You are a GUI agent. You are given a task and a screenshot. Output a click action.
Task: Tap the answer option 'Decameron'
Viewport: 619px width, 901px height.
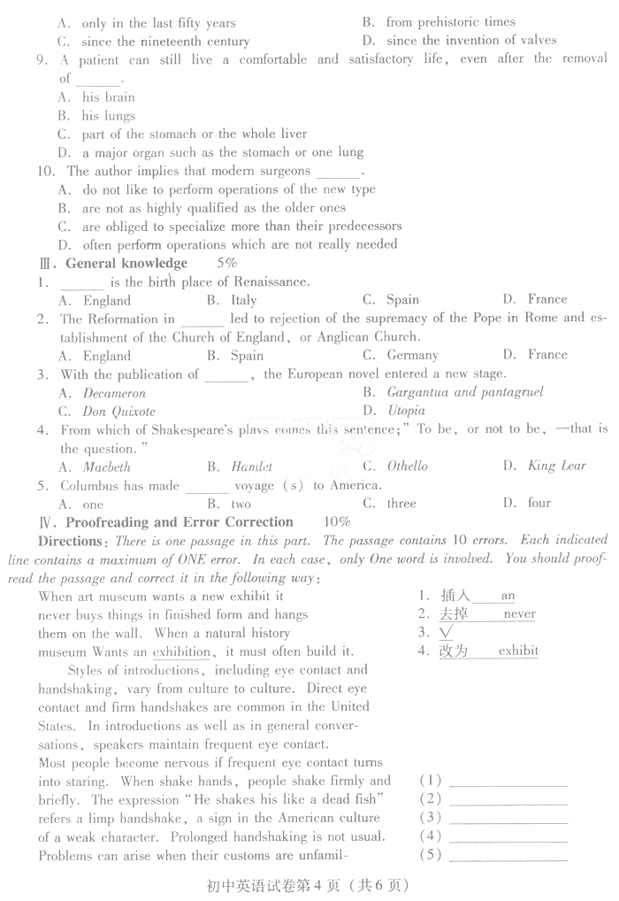pyautogui.click(x=114, y=392)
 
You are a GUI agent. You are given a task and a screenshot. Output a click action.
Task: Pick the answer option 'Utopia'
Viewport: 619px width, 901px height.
pyautogui.click(x=406, y=410)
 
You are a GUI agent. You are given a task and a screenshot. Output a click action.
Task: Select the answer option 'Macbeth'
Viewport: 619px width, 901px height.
pyautogui.click(x=107, y=466)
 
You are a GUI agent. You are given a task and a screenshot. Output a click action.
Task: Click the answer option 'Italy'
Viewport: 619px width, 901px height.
pyautogui.click(x=243, y=300)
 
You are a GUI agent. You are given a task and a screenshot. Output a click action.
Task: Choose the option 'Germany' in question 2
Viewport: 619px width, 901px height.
pyautogui.click(x=412, y=355)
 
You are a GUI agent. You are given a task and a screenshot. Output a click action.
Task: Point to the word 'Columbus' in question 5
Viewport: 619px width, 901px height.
pyautogui.click(x=89, y=485)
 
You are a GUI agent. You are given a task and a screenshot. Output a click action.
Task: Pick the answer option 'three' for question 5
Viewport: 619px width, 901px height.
pyautogui.click(x=401, y=503)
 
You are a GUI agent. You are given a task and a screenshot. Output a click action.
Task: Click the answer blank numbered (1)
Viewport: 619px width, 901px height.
pyautogui.click(x=508, y=781)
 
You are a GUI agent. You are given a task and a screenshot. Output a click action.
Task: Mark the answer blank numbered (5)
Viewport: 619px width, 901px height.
pyautogui.click(x=508, y=855)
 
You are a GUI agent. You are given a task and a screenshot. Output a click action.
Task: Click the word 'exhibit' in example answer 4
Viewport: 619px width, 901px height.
pyautogui.click(x=518, y=651)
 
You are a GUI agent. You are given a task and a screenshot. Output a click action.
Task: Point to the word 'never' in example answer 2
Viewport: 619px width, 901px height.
pyautogui.click(x=519, y=613)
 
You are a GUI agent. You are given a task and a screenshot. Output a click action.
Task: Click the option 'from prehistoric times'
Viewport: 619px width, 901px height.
pyautogui.click(x=450, y=22)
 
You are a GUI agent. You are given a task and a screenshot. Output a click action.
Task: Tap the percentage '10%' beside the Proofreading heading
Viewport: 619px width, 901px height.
pyautogui.click(x=337, y=521)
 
